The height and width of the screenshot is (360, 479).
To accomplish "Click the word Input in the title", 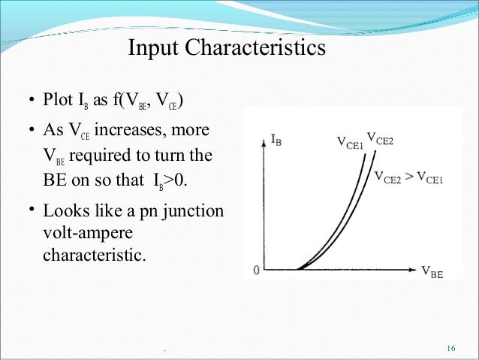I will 155,49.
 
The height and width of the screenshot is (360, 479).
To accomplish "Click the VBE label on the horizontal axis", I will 432,274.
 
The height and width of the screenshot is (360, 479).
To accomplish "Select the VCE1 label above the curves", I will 351,142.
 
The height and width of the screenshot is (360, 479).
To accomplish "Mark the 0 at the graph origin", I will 256,272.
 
